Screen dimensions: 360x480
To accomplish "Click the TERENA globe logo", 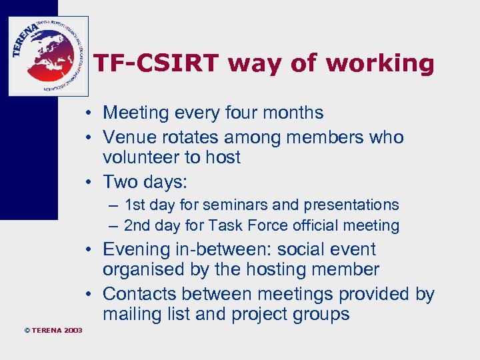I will click(48, 56).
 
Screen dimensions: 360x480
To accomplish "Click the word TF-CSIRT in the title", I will click(156, 63).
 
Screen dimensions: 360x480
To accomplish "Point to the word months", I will click(295, 113).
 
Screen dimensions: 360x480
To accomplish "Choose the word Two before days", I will click(123, 182).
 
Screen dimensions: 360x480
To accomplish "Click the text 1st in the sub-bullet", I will click(137, 205).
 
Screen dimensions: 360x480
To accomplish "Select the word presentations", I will click(351, 205).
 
